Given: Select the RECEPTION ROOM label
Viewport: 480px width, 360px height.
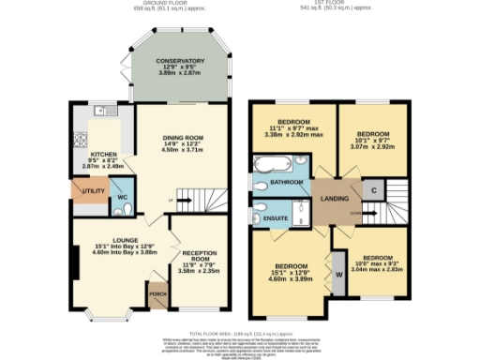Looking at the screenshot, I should (199, 257).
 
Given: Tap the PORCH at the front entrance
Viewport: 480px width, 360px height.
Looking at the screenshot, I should (157, 300).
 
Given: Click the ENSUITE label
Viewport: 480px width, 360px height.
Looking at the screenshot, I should (275, 217).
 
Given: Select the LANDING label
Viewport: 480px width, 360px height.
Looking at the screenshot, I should (335, 198).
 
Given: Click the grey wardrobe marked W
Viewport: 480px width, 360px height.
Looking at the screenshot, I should (338, 275).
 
